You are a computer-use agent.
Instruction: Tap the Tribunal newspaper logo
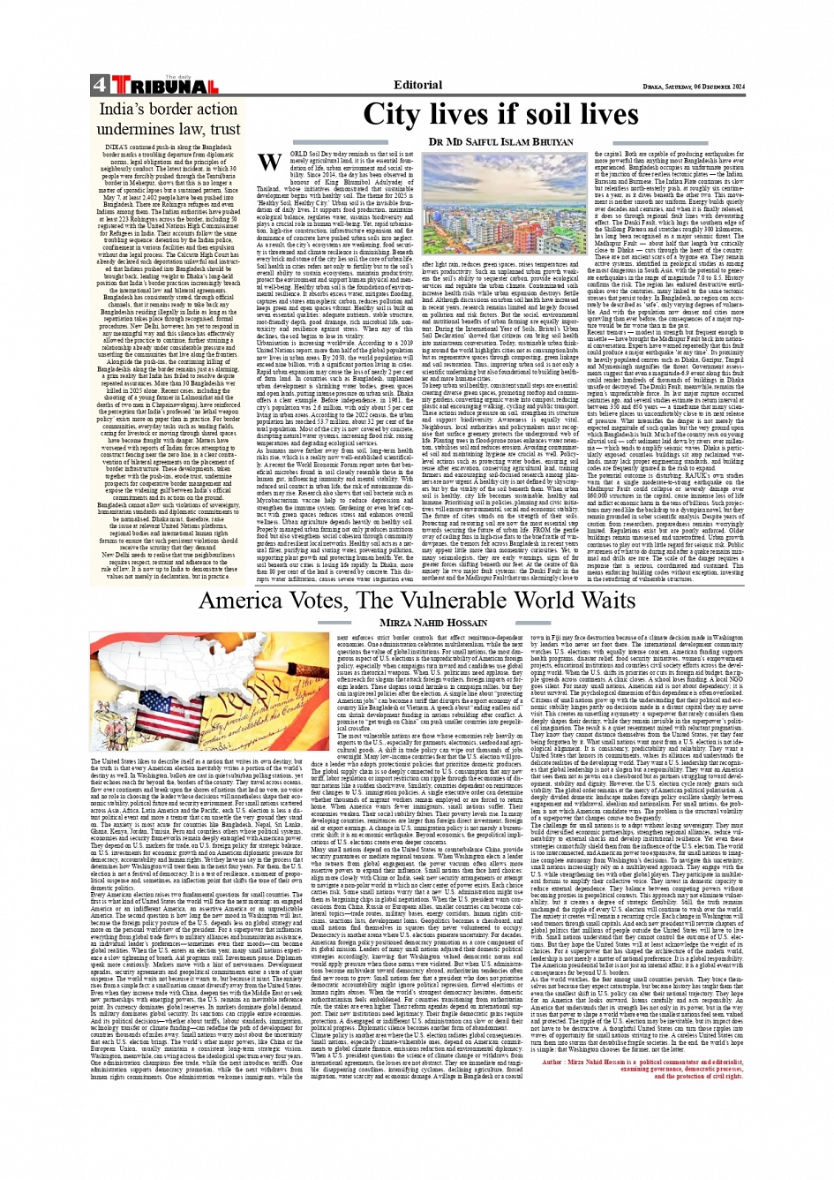pyautogui.click(x=164, y=86)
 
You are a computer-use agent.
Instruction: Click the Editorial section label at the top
pyautogui.click(x=418, y=85)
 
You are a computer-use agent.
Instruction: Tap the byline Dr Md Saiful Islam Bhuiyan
pyautogui.click(x=500, y=141)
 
